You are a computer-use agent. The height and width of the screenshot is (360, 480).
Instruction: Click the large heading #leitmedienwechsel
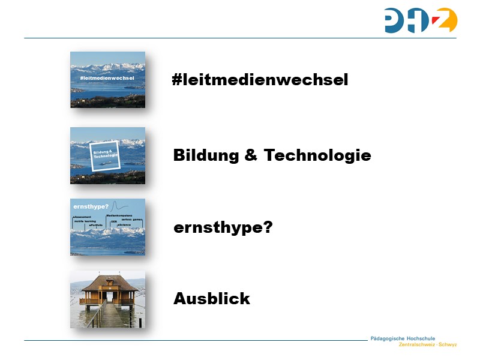(260, 80)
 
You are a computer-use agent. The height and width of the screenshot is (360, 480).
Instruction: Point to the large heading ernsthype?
(223, 228)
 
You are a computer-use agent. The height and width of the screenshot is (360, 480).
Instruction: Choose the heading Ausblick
(211, 298)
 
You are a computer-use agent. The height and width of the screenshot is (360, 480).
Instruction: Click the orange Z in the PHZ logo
(445, 21)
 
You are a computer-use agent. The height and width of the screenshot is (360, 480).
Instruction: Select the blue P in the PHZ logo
(395, 20)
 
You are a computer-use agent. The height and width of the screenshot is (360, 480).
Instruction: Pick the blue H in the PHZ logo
(419, 21)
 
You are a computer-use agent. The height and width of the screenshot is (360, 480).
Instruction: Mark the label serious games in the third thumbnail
(131, 220)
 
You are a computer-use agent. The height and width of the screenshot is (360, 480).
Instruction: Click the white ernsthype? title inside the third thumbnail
(86, 206)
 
